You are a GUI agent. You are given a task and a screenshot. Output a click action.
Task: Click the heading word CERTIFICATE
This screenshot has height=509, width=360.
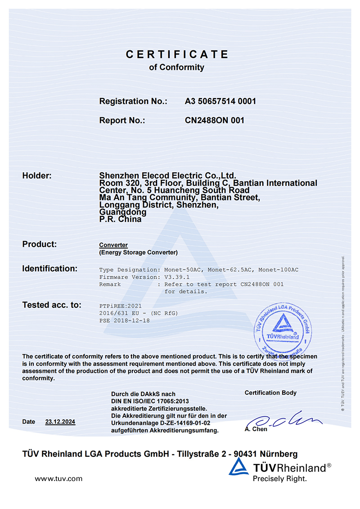[177, 54]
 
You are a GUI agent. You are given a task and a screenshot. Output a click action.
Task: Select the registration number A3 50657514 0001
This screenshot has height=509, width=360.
[220, 101]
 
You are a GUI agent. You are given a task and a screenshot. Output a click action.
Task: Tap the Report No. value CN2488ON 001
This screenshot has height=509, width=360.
[215, 120]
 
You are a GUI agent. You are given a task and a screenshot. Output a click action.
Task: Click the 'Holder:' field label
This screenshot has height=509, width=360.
[37, 176]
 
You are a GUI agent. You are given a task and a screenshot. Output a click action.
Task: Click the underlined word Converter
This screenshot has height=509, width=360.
[113, 245]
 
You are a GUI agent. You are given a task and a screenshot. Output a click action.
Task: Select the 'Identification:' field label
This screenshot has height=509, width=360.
[50, 269]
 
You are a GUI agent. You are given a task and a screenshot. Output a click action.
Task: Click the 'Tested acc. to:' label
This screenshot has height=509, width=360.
[52, 305]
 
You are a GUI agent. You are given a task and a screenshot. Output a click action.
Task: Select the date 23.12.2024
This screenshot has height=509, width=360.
[60, 422]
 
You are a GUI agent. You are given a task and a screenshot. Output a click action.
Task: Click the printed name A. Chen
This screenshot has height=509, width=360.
[256, 429]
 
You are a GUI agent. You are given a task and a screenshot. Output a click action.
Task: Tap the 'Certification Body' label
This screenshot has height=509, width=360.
[270, 393]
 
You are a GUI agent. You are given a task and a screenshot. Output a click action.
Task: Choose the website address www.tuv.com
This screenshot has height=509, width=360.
[58, 478]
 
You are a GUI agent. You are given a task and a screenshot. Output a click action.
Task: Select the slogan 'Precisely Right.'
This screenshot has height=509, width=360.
[279, 478]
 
